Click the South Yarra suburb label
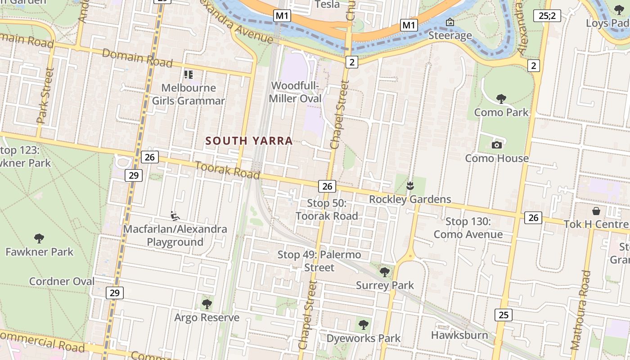pos(249,141)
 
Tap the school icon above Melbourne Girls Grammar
pos(188,75)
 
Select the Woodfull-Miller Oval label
pos(295,92)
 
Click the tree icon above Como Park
pos(501,99)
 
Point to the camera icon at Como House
pos(497,145)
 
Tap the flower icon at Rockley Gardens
pos(409,185)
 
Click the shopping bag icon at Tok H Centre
pos(596,211)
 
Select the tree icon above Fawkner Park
pos(39,238)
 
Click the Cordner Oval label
pos(62,282)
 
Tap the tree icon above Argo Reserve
pos(207,304)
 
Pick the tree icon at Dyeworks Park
pos(363,324)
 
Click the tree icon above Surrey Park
pos(384,272)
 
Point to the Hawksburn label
pos(459,335)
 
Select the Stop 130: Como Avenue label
pos(468,228)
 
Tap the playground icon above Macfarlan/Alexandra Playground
pos(175,216)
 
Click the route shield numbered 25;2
pos(547,16)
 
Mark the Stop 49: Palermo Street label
pos(319,261)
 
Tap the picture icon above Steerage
pos(450,22)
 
